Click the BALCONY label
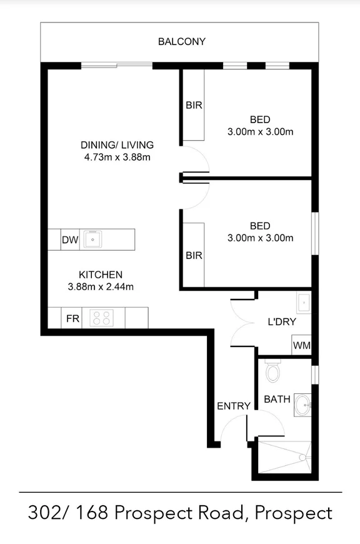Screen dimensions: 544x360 click(x=181, y=42)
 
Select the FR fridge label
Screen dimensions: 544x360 click(x=72, y=318)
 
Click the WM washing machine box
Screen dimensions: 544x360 click(x=301, y=345)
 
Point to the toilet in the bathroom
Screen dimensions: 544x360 click(x=272, y=373)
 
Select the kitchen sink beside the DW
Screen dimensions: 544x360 click(x=94, y=238)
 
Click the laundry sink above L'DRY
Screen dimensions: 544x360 click(x=303, y=303)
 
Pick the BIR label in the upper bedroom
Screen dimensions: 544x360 click(x=194, y=105)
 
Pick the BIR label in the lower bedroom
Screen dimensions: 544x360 click(x=194, y=256)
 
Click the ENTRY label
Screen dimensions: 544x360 click(x=234, y=406)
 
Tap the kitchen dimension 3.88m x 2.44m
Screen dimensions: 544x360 click(x=101, y=287)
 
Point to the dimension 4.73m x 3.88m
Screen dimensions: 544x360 click(x=117, y=157)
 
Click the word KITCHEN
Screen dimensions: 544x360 click(x=100, y=275)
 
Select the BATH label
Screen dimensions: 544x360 click(x=276, y=398)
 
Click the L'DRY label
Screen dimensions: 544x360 click(x=281, y=322)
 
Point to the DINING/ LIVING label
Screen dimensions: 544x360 click(x=117, y=145)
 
